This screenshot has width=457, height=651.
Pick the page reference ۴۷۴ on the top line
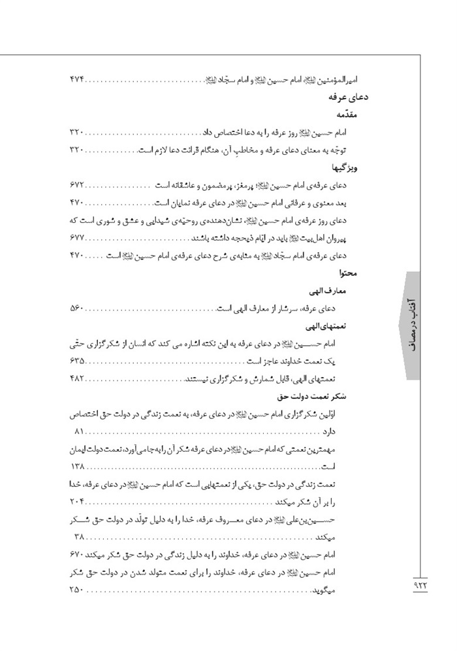[77, 79]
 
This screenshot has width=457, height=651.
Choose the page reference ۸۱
[81, 432]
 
